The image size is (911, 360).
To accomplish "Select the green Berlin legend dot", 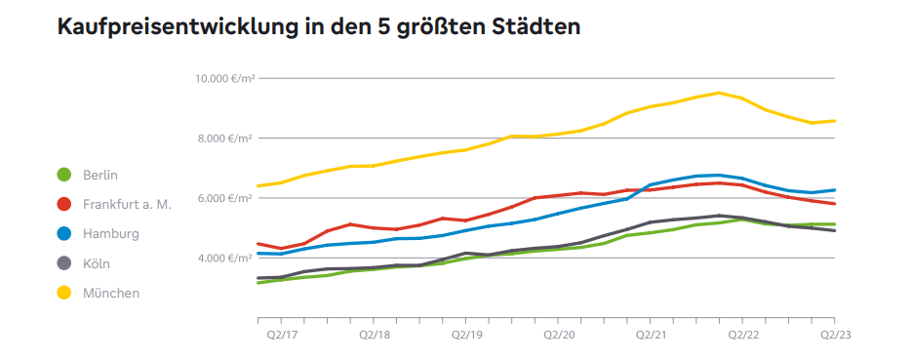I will [64, 175].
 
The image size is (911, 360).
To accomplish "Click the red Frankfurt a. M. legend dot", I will [64, 204].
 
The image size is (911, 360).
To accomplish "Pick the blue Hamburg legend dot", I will [64, 234].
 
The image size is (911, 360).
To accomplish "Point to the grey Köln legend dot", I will [64, 263].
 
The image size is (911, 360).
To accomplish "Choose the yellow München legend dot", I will [64, 293].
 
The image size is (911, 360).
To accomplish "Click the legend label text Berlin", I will [100, 175].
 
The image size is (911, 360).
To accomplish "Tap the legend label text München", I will [111, 293].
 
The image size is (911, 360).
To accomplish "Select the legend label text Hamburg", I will [110, 234].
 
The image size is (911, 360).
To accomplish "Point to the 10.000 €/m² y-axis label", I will [223, 78].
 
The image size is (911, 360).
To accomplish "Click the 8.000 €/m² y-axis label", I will [226, 139].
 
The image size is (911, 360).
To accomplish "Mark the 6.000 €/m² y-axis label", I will [226, 198].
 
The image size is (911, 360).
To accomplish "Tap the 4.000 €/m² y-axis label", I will [226, 259].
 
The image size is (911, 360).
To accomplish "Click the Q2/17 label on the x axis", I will [281, 334].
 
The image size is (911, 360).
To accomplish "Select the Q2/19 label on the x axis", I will [466, 334].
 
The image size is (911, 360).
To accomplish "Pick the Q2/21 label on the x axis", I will [651, 334].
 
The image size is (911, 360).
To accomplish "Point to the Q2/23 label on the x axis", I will [834, 334].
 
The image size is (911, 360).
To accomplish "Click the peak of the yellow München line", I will [719, 93].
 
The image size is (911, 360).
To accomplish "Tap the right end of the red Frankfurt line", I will [834, 203].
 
